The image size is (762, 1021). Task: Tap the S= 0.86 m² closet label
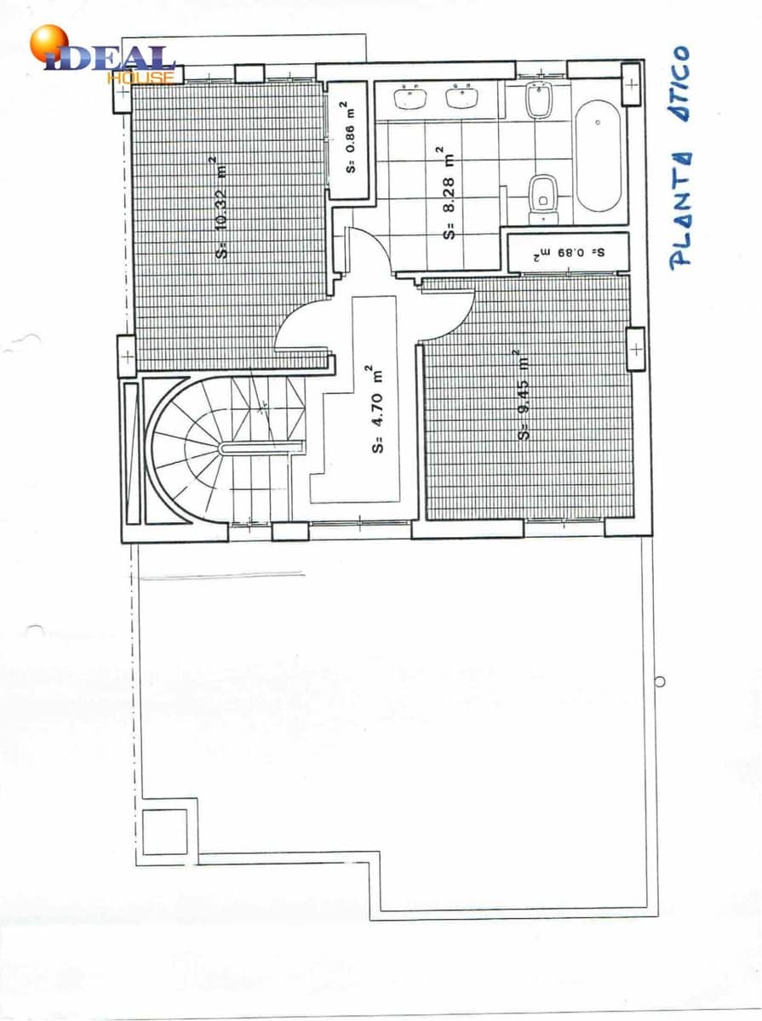click(x=350, y=137)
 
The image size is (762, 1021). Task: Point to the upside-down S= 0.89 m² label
click(x=569, y=253)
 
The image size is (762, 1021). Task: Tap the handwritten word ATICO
click(x=679, y=83)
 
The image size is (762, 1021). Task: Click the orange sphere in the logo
click(x=49, y=43)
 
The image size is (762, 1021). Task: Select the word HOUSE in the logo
click(x=140, y=77)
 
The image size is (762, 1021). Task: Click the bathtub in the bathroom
click(x=598, y=156)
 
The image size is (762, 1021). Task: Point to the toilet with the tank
click(x=543, y=199)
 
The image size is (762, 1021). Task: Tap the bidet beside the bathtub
click(x=540, y=101)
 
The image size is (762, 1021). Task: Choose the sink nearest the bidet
click(x=461, y=97)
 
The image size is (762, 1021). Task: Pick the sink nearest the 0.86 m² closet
click(x=410, y=97)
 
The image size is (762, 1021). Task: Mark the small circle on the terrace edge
click(x=660, y=682)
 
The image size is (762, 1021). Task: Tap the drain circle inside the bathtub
click(x=598, y=123)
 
